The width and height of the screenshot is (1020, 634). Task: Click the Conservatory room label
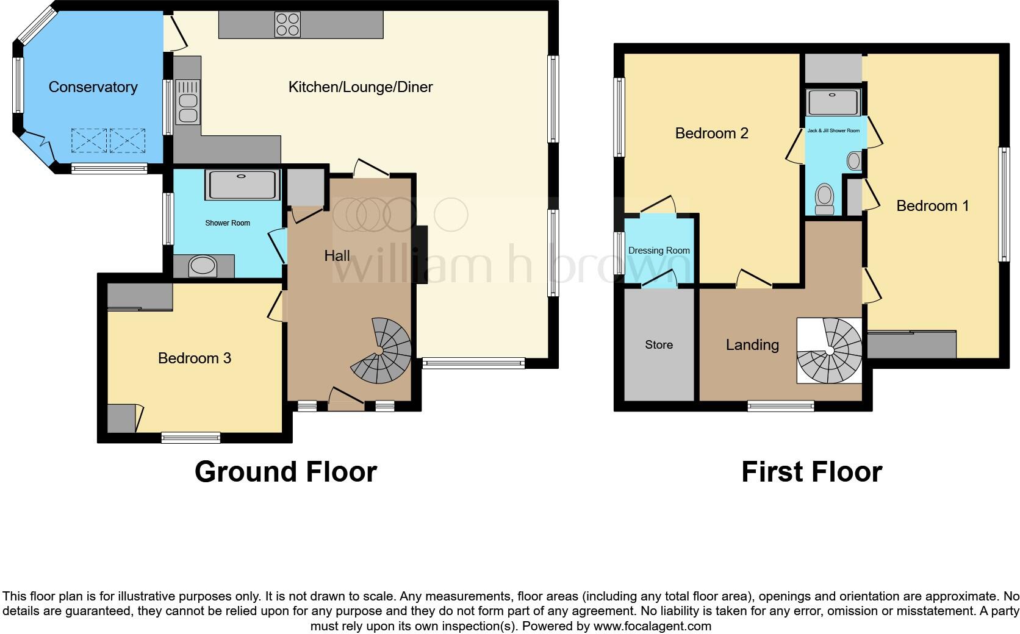pyautogui.click(x=93, y=87)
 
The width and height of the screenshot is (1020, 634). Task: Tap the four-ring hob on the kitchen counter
pyautogui.click(x=287, y=25)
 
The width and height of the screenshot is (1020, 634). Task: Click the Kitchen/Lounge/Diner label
pyautogui.click(x=360, y=87)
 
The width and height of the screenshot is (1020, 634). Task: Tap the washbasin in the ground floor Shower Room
pyautogui.click(x=203, y=266)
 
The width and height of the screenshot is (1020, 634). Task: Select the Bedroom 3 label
pyautogui.click(x=194, y=358)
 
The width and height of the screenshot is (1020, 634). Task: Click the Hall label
pyautogui.click(x=337, y=256)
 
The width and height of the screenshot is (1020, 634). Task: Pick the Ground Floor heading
pyautogui.click(x=286, y=472)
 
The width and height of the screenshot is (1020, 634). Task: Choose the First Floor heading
pyautogui.click(x=811, y=472)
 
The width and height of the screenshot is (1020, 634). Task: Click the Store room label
pyautogui.click(x=659, y=345)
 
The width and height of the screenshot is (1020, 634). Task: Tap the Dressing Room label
pyautogui.click(x=659, y=251)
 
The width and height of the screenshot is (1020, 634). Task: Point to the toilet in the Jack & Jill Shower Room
pyautogui.click(x=825, y=200)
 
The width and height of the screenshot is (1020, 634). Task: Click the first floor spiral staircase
pyautogui.click(x=830, y=351)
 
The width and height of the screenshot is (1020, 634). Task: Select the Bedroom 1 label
pyautogui.click(x=932, y=206)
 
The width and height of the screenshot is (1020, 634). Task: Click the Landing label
pyautogui.click(x=752, y=345)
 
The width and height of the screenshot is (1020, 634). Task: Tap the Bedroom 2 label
pyautogui.click(x=711, y=134)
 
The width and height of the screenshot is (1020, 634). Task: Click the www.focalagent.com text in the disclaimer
pyautogui.click(x=652, y=626)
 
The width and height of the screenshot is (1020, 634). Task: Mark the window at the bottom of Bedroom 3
pyautogui.click(x=191, y=436)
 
